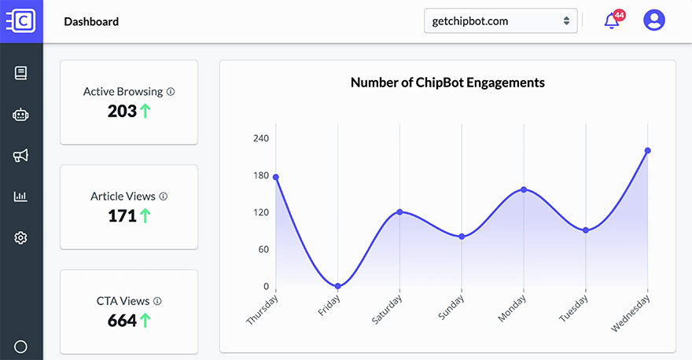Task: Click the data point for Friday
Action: pyautogui.click(x=338, y=286)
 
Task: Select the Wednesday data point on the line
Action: pyautogui.click(x=647, y=150)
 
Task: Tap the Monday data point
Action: pyautogui.click(x=524, y=189)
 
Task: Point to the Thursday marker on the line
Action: pyautogui.click(x=276, y=177)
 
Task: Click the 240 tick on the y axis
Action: pyautogui.click(x=260, y=138)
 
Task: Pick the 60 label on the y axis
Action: pyautogui.click(x=263, y=249)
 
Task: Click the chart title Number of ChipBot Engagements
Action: pyautogui.click(x=447, y=83)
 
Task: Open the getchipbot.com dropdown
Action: pyautogui.click(x=500, y=21)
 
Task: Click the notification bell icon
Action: pyautogui.click(x=612, y=21)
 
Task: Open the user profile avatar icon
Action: pyautogui.click(x=653, y=20)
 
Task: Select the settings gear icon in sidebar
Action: pyautogui.click(x=21, y=237)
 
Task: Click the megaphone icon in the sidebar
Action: pyautogui.click(x=21, y=156)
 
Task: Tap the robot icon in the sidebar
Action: pyautogui.click(x=21, y=115)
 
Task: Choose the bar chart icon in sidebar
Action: pyautogui.click(x=21, y=197)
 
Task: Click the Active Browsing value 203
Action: pyautogui.click(x=122, y=112)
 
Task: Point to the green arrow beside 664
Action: pyautogui.click(x=145, y=321)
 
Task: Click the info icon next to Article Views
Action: pyautogui.click(x=163, y=196)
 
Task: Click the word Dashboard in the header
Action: pyautogui.click(x=91, y=21)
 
